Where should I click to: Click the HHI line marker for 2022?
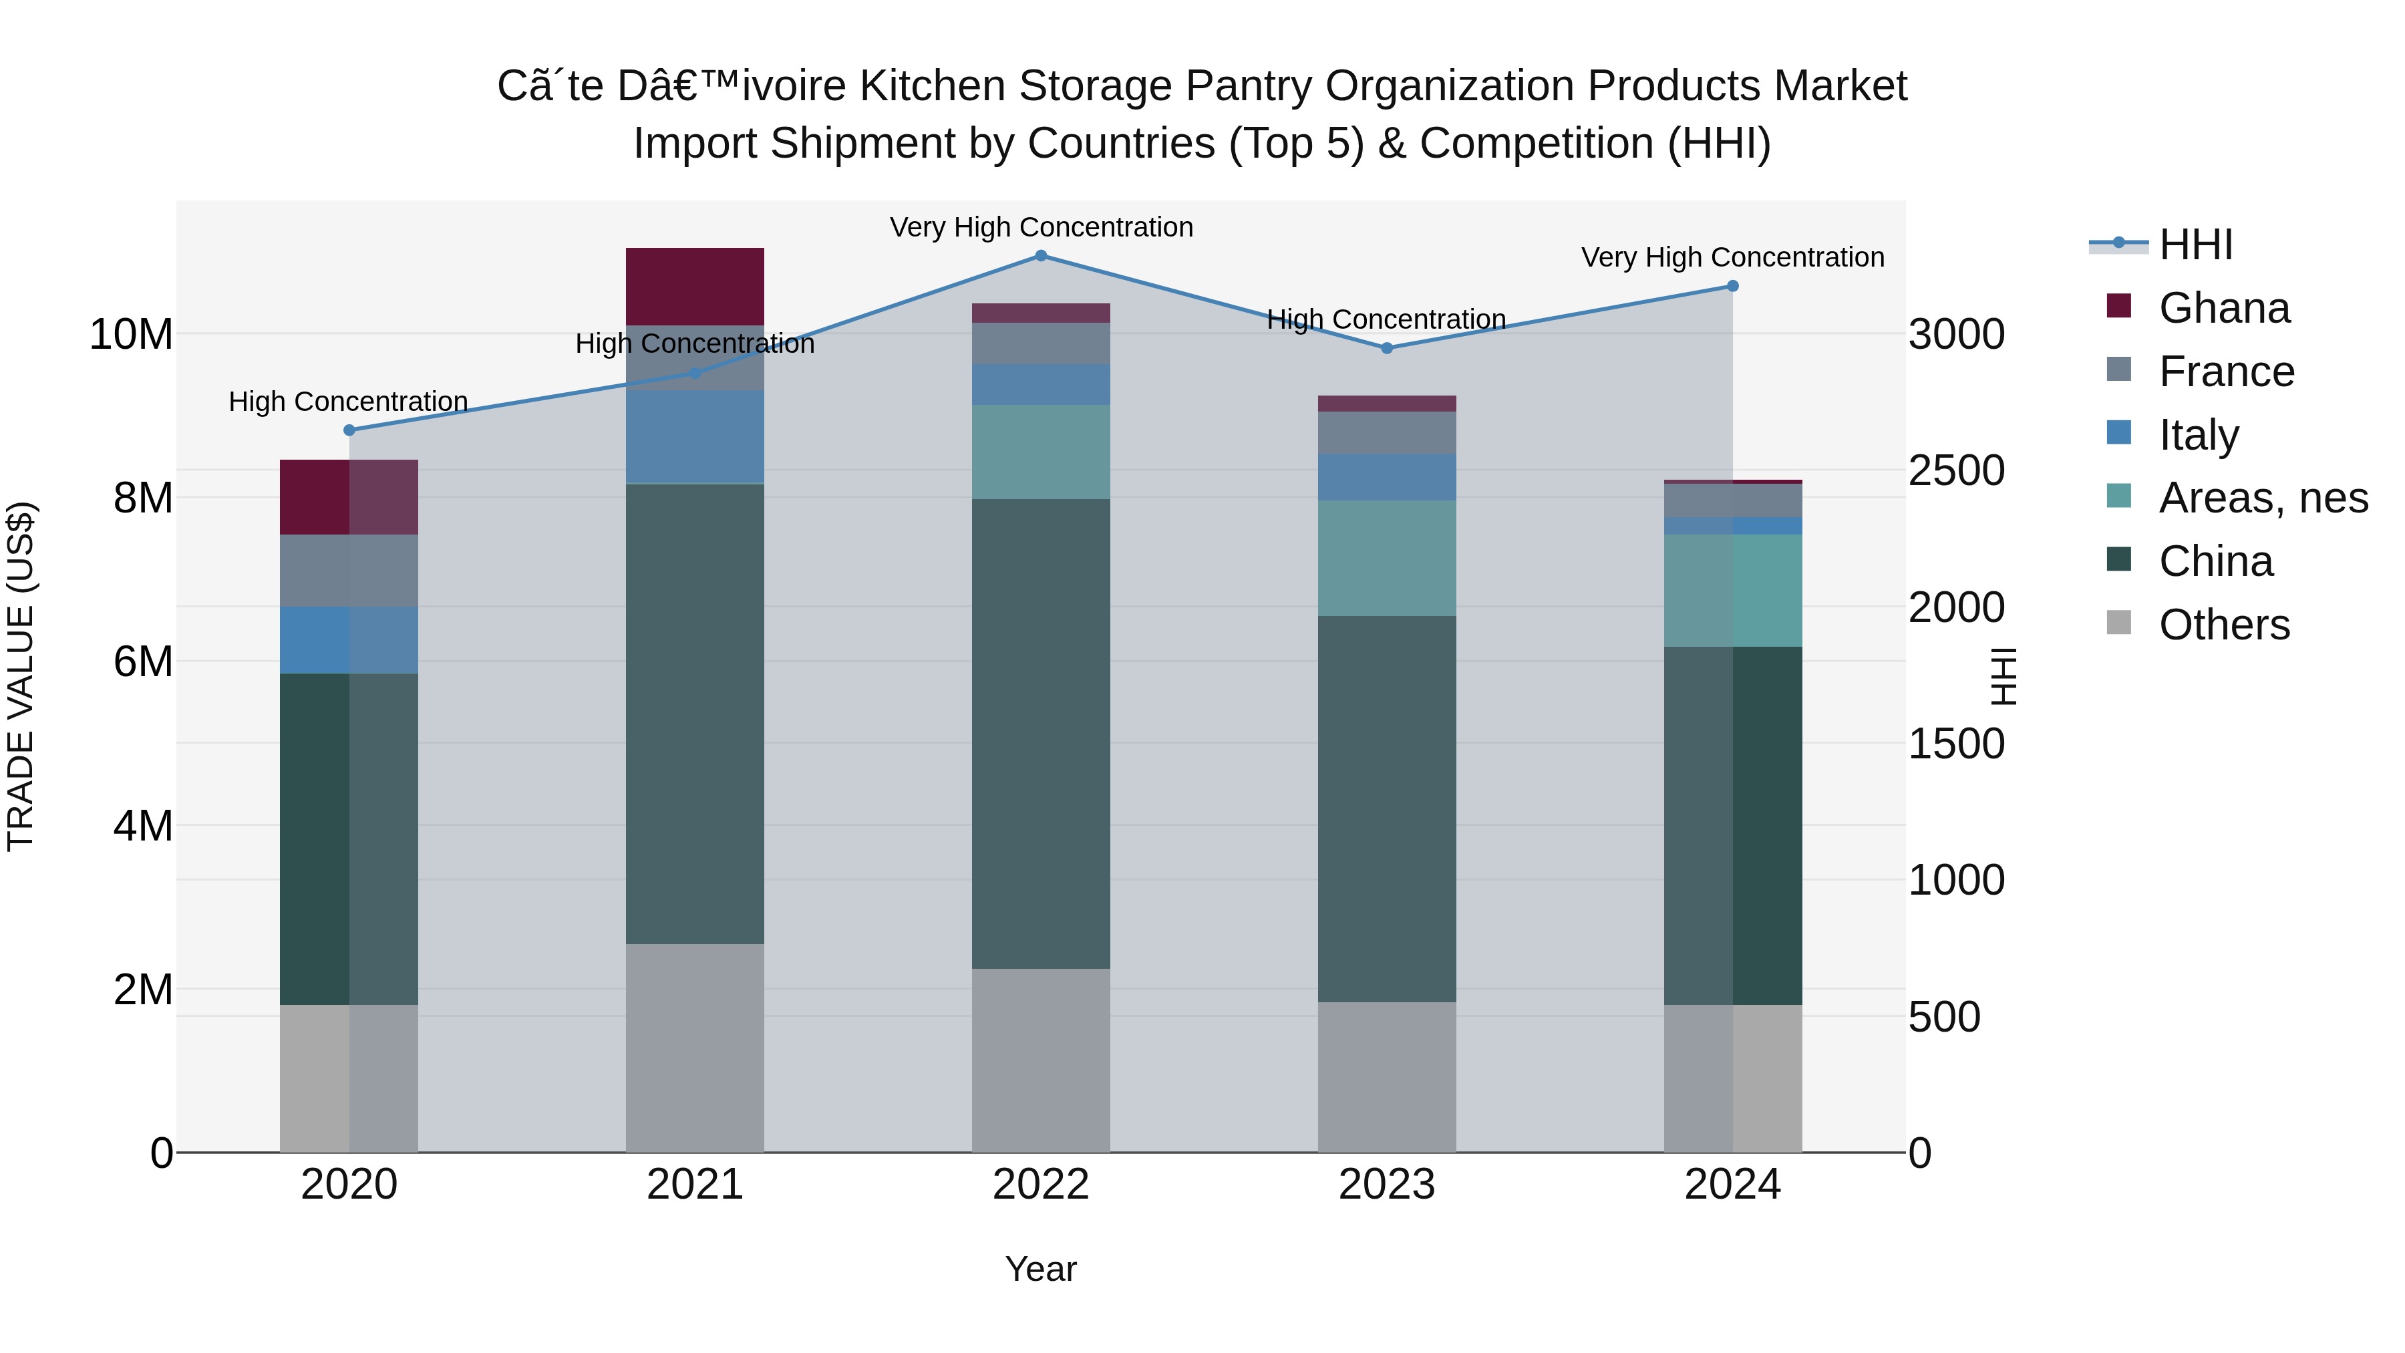pos(1041,256)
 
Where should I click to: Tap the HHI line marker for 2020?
pos(349,430)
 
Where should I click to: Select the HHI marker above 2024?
pos(1733,286)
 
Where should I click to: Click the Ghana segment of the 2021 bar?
pos(695,287)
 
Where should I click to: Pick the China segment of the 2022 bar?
pos(1041,733)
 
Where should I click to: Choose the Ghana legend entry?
pos(2224,308)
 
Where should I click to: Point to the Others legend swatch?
pos(2119,623)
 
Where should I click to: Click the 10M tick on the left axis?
pos(131,334)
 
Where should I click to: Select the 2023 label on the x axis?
pos(1386,1185)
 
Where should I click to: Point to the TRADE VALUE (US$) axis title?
pos(21,676)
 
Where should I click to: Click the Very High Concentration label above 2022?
pos(1041,227)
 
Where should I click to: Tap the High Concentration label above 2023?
pos(1386,319)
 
